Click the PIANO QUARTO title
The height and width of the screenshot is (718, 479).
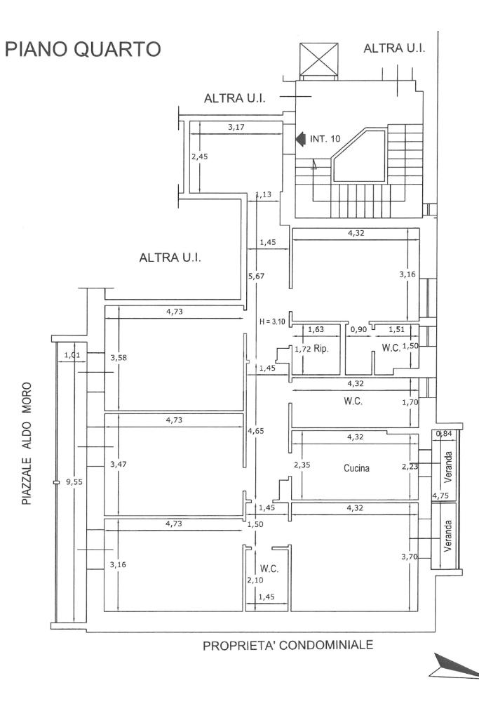pyautogui.click(x=83, y=49)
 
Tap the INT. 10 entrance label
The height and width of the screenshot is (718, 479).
pyautogui.click(x=325, y=139)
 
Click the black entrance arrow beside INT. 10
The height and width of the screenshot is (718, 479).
pyautogui.click(x=299, y=139)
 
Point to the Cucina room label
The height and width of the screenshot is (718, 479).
pyautogui.click(x=357, y=467)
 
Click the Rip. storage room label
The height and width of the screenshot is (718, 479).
pyautogui.click(x=321, y=348)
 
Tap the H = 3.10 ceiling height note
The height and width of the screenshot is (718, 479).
pyautogui.click(x=272, y=322)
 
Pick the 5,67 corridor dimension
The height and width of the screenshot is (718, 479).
pyautogui.click(x=257, y=276)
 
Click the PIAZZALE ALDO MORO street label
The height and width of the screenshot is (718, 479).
pyautogui.click(x=27, y=443)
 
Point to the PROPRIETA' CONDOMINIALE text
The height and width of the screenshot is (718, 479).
pyautogui.click(x=288, y=646)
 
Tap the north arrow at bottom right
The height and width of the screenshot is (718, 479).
pyautogui.click(x=455, y=667)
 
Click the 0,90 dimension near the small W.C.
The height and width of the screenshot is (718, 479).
pyautogui.click(x=358, y=328)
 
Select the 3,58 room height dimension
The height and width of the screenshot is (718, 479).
pyautogui.click(x=118, y=357)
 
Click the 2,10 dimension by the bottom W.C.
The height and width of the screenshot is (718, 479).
pyautogui.click(x=254, y=580)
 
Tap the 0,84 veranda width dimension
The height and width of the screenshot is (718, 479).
pyautogui.click(x=443, y=434)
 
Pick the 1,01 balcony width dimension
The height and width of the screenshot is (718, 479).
pyautogui.click(x=72, y=355)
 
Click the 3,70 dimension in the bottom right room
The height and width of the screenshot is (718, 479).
pyautogui.click(x=407, y=557)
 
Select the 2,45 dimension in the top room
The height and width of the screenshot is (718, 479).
pyautogui.click(x=200, y=156)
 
